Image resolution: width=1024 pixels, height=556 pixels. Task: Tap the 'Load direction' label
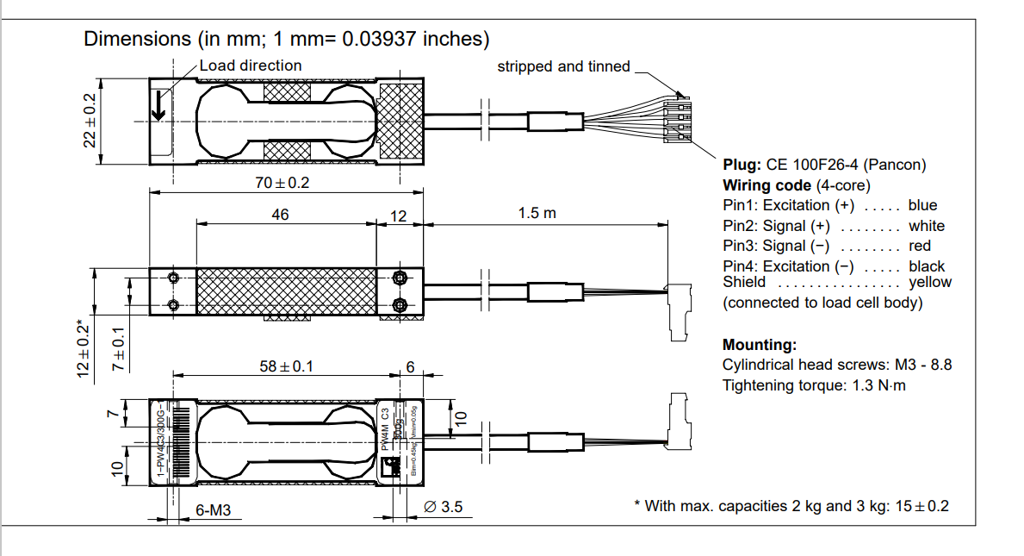(251, 66)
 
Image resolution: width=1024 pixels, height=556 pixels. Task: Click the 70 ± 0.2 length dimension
(282, 184)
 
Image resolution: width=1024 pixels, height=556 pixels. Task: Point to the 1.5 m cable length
(537, 214)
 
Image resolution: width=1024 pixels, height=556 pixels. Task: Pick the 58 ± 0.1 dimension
(287, 366)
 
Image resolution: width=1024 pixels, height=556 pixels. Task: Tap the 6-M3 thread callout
(213, 510)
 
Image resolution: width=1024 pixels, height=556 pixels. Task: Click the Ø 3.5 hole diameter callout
(444, 508)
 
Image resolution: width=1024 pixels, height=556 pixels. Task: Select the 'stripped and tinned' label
(563, 66)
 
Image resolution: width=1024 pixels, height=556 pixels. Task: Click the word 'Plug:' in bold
(742, 165)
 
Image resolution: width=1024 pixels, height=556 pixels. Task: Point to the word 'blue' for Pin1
(922, 205)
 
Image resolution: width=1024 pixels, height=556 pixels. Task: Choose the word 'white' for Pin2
(926, 226)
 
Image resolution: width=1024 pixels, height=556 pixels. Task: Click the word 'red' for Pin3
(920, 246)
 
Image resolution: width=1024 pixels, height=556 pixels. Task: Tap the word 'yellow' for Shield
(930, 282)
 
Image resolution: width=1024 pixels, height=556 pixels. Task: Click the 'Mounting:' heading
(760, 345)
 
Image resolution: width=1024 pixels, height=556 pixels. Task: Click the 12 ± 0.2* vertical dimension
(84, 348)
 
